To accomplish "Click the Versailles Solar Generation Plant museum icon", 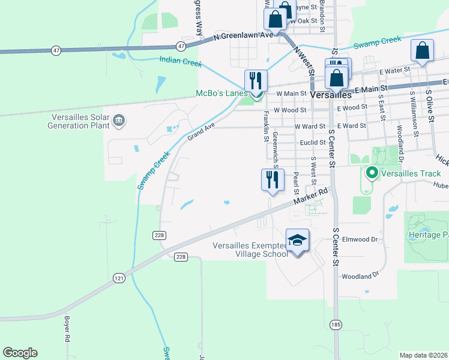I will (119, 121).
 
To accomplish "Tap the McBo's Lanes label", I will (221, 94).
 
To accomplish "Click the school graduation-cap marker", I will (297, 241).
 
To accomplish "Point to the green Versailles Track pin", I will (372, 174).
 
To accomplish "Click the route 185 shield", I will (336, 325).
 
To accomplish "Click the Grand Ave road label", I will (200, 128).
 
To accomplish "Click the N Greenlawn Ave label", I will (243, 36).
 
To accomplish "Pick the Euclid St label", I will (313, 143).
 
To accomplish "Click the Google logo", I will (20, 353).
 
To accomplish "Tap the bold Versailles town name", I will (331, 95).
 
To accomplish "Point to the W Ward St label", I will (309, 127).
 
